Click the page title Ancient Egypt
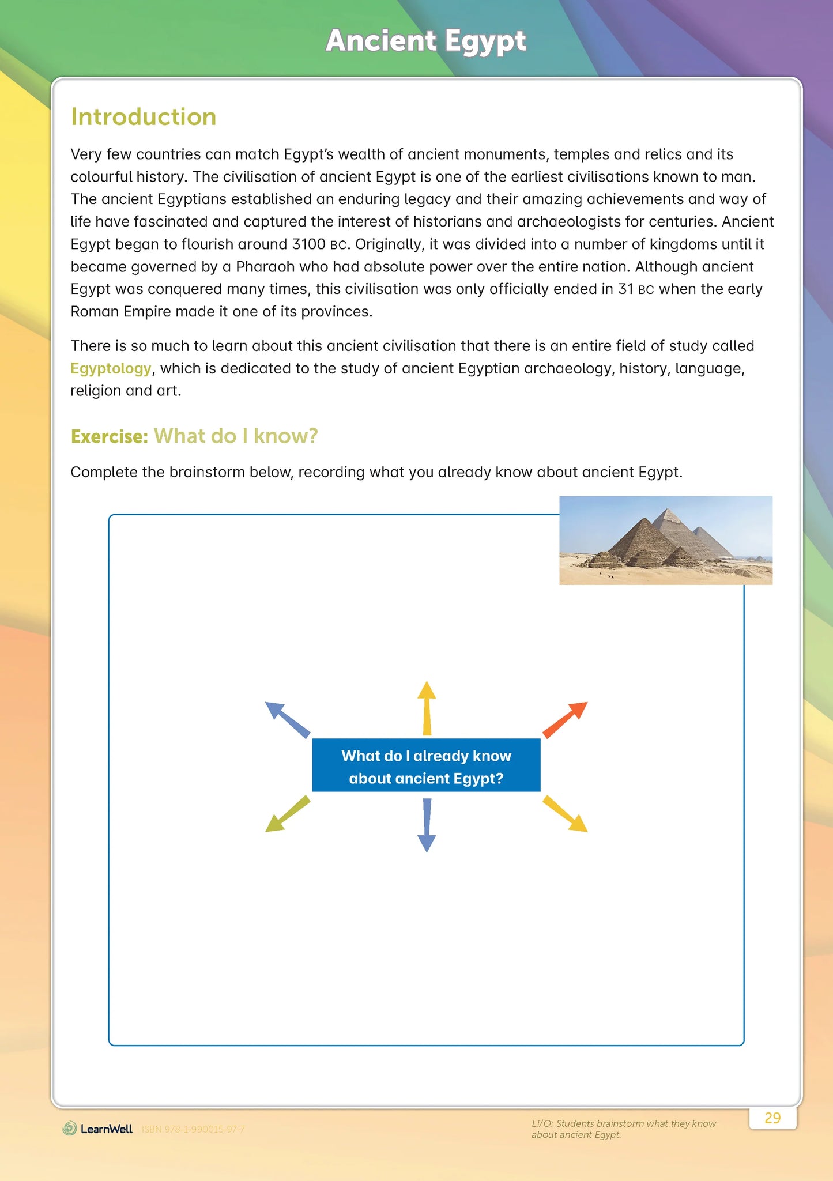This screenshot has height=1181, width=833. [425, 41]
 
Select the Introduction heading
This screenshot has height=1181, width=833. [144, 117]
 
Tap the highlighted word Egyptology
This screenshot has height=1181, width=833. [111, 368]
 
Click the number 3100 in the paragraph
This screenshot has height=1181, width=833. [308, 244]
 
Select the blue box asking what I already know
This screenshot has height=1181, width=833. [426, 765]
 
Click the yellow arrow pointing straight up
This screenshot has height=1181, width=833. [426, 708]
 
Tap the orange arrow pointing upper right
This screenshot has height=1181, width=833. [566, 719]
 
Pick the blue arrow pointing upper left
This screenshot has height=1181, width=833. [287, 719]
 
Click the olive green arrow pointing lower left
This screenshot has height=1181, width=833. [287, 814]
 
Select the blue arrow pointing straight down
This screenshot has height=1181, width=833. [426, 825]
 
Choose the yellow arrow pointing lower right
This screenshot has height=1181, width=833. [566, 814]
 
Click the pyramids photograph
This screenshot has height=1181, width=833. [665, 540]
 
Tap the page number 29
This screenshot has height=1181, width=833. [772, 1118]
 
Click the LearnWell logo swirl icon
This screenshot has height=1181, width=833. [70, 1129]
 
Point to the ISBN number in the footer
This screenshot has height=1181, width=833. [193, 1129]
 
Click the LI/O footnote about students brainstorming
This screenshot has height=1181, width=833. [623, 1129]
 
